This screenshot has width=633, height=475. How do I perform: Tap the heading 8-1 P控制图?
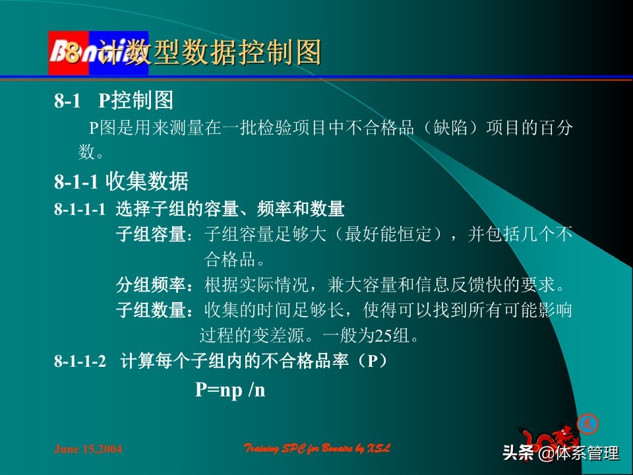point(113,101)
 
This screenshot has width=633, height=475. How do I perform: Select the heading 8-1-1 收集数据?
point(121,181)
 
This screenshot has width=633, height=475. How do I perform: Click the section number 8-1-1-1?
point(80,210)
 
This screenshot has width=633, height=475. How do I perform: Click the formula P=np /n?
point(229,390)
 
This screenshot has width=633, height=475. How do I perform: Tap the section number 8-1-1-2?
point(80,362)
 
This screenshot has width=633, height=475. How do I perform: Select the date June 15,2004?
point(88,449)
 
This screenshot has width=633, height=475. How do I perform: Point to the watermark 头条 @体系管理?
point(560,453)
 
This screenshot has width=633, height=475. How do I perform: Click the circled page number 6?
point(584,423)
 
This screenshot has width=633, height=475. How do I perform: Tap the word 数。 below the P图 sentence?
point(92,153)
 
